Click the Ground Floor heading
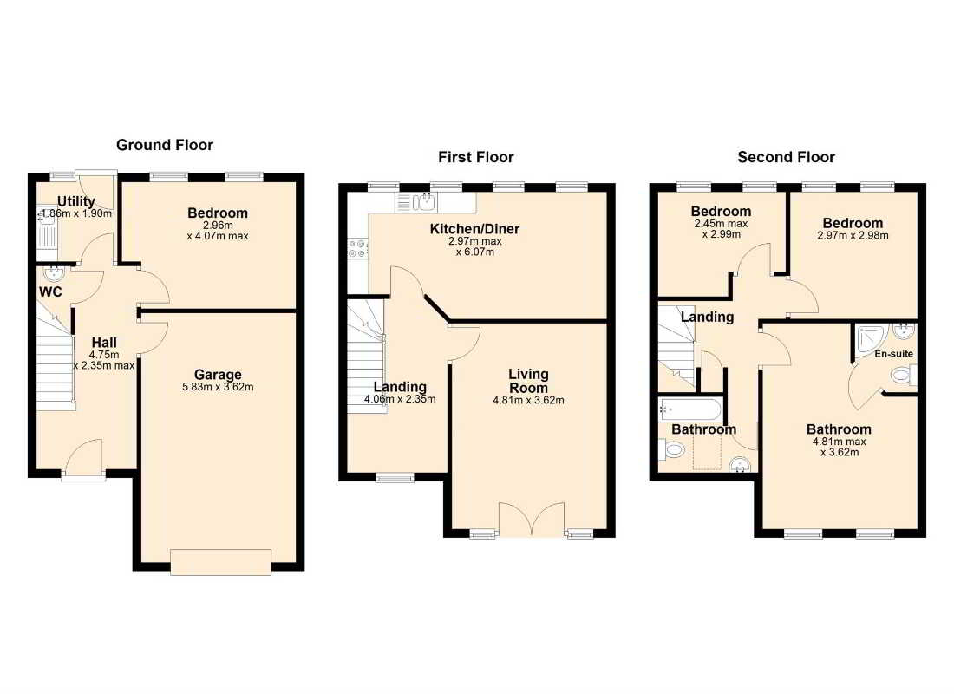[164, 145]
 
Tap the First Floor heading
[476, 157]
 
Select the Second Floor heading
[786, 157]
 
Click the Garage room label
[218, 375]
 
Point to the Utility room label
[76, 201]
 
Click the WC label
[50, 292]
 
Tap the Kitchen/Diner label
[474, 229]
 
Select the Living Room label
[528, 381]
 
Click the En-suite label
[894, 354]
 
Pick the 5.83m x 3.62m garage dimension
[218, 387]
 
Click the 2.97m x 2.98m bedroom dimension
[853, 236]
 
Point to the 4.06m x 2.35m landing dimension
[400, 399]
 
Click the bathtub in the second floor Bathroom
[690, 409]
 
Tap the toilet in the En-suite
[904, 375]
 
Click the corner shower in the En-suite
[871, 341]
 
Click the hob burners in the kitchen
[357, 248]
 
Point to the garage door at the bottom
[220, 562]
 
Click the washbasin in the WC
[54, 273]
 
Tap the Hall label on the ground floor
[104, 343]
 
